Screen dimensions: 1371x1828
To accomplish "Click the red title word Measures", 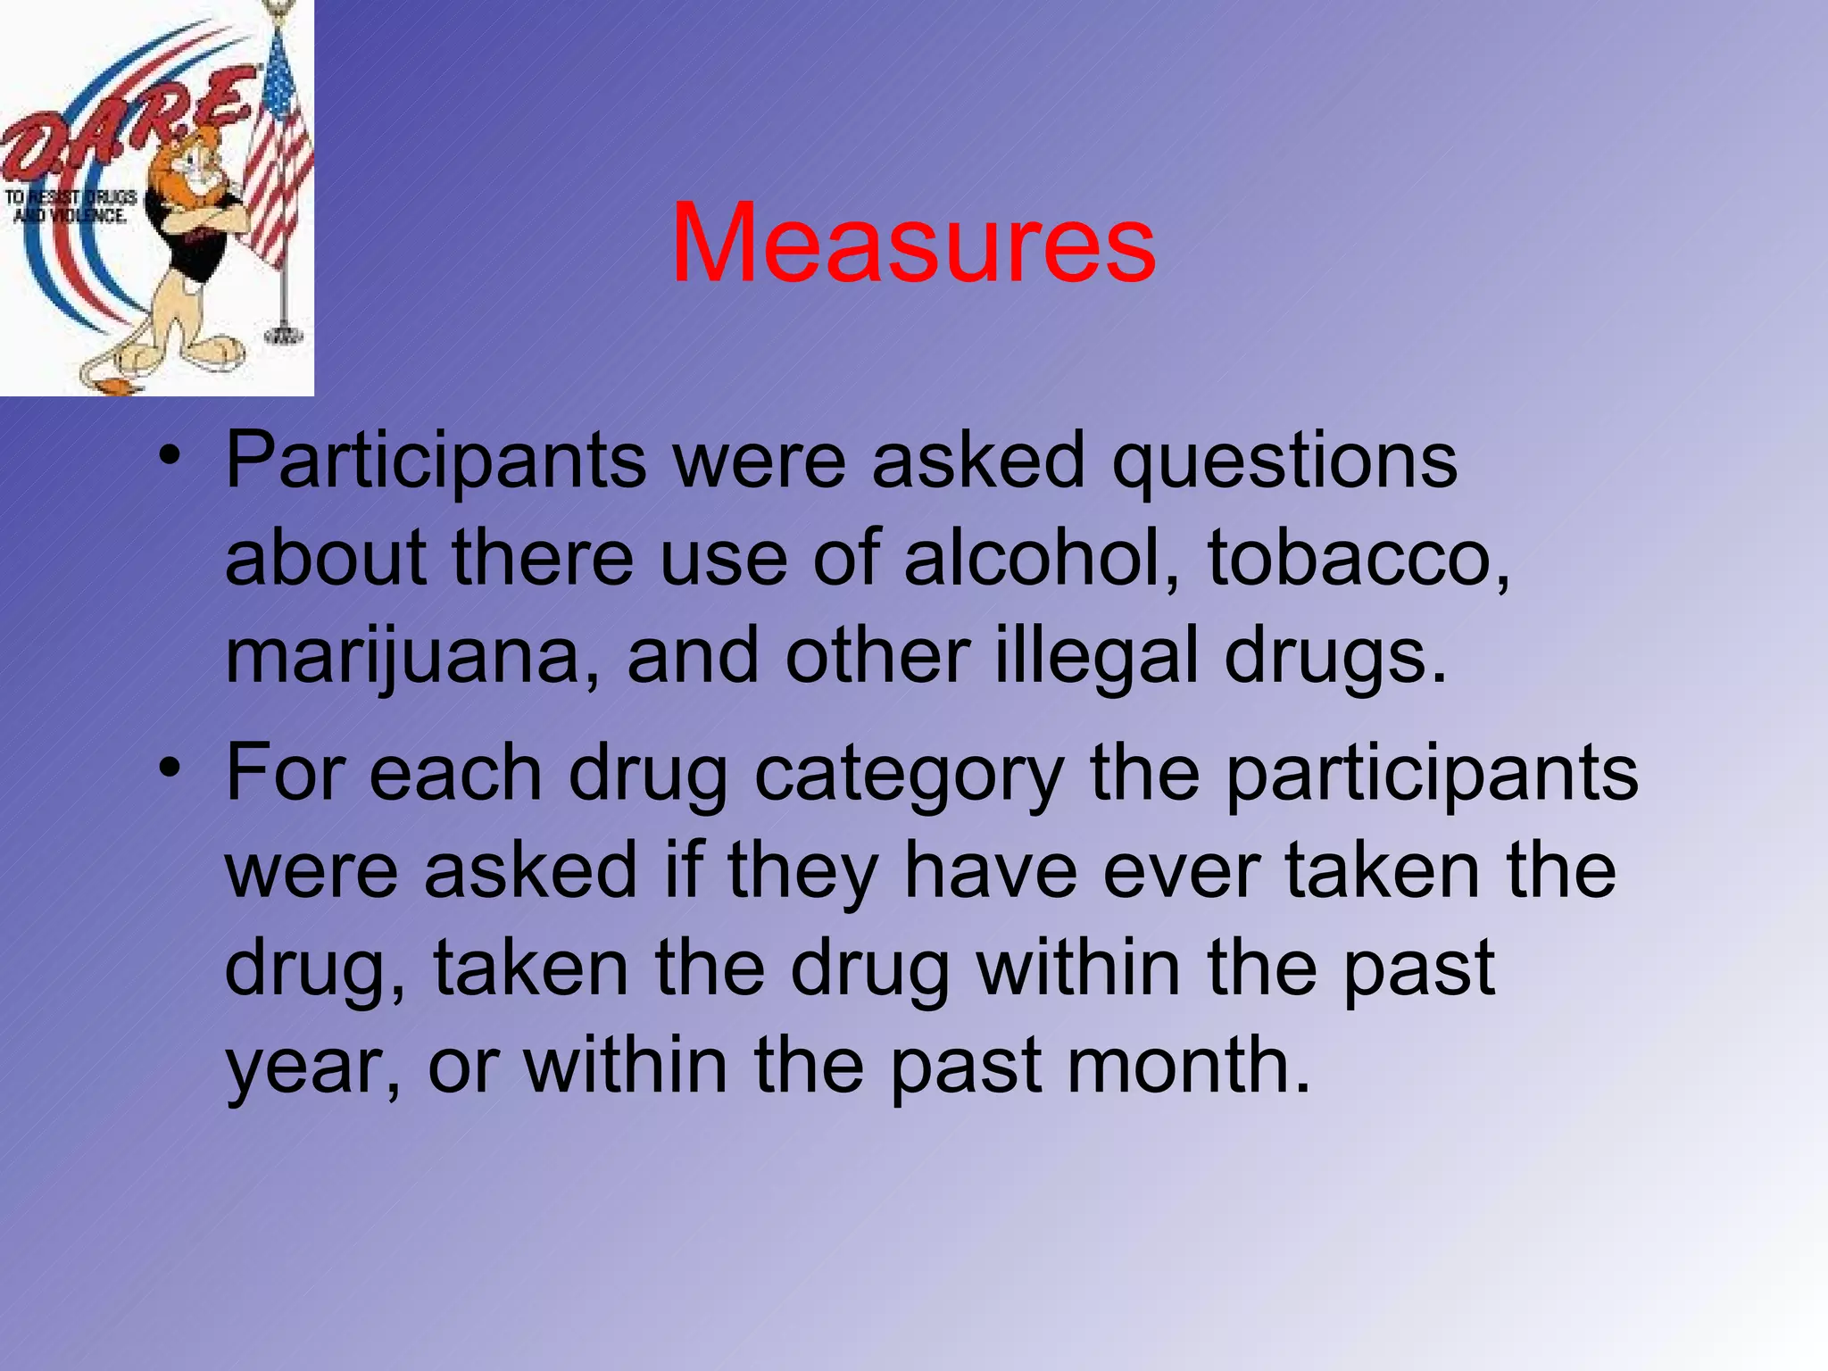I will click(913, 243).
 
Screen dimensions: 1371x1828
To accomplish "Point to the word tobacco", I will click(1359, 558).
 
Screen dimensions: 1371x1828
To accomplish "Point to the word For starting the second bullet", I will click(285, 773).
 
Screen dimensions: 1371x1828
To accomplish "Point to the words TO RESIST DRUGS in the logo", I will click(71, 197).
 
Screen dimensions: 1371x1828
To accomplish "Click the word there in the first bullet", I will click(543, 558).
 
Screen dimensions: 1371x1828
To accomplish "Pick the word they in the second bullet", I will click(802, 872).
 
